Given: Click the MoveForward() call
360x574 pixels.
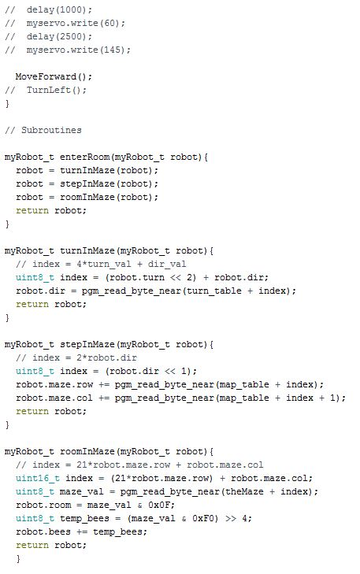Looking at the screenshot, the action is [54, 77].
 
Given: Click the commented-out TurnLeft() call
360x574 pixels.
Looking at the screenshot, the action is [56, 90].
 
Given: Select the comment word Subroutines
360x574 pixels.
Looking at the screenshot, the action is [51, 131].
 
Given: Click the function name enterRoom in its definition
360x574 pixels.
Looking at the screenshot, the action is [84, 157].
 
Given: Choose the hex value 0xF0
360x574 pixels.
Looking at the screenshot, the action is [202, 519].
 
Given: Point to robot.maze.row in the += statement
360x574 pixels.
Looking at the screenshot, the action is [54, 385].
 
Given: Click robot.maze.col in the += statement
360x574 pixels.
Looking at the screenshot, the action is [54, 398].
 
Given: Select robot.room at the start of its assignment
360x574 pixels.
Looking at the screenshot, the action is [43, 505].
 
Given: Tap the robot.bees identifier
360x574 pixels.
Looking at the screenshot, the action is [43, 532].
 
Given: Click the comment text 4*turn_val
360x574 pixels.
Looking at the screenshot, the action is [104, 265].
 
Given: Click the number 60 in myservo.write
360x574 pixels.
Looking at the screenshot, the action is [109, 23].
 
